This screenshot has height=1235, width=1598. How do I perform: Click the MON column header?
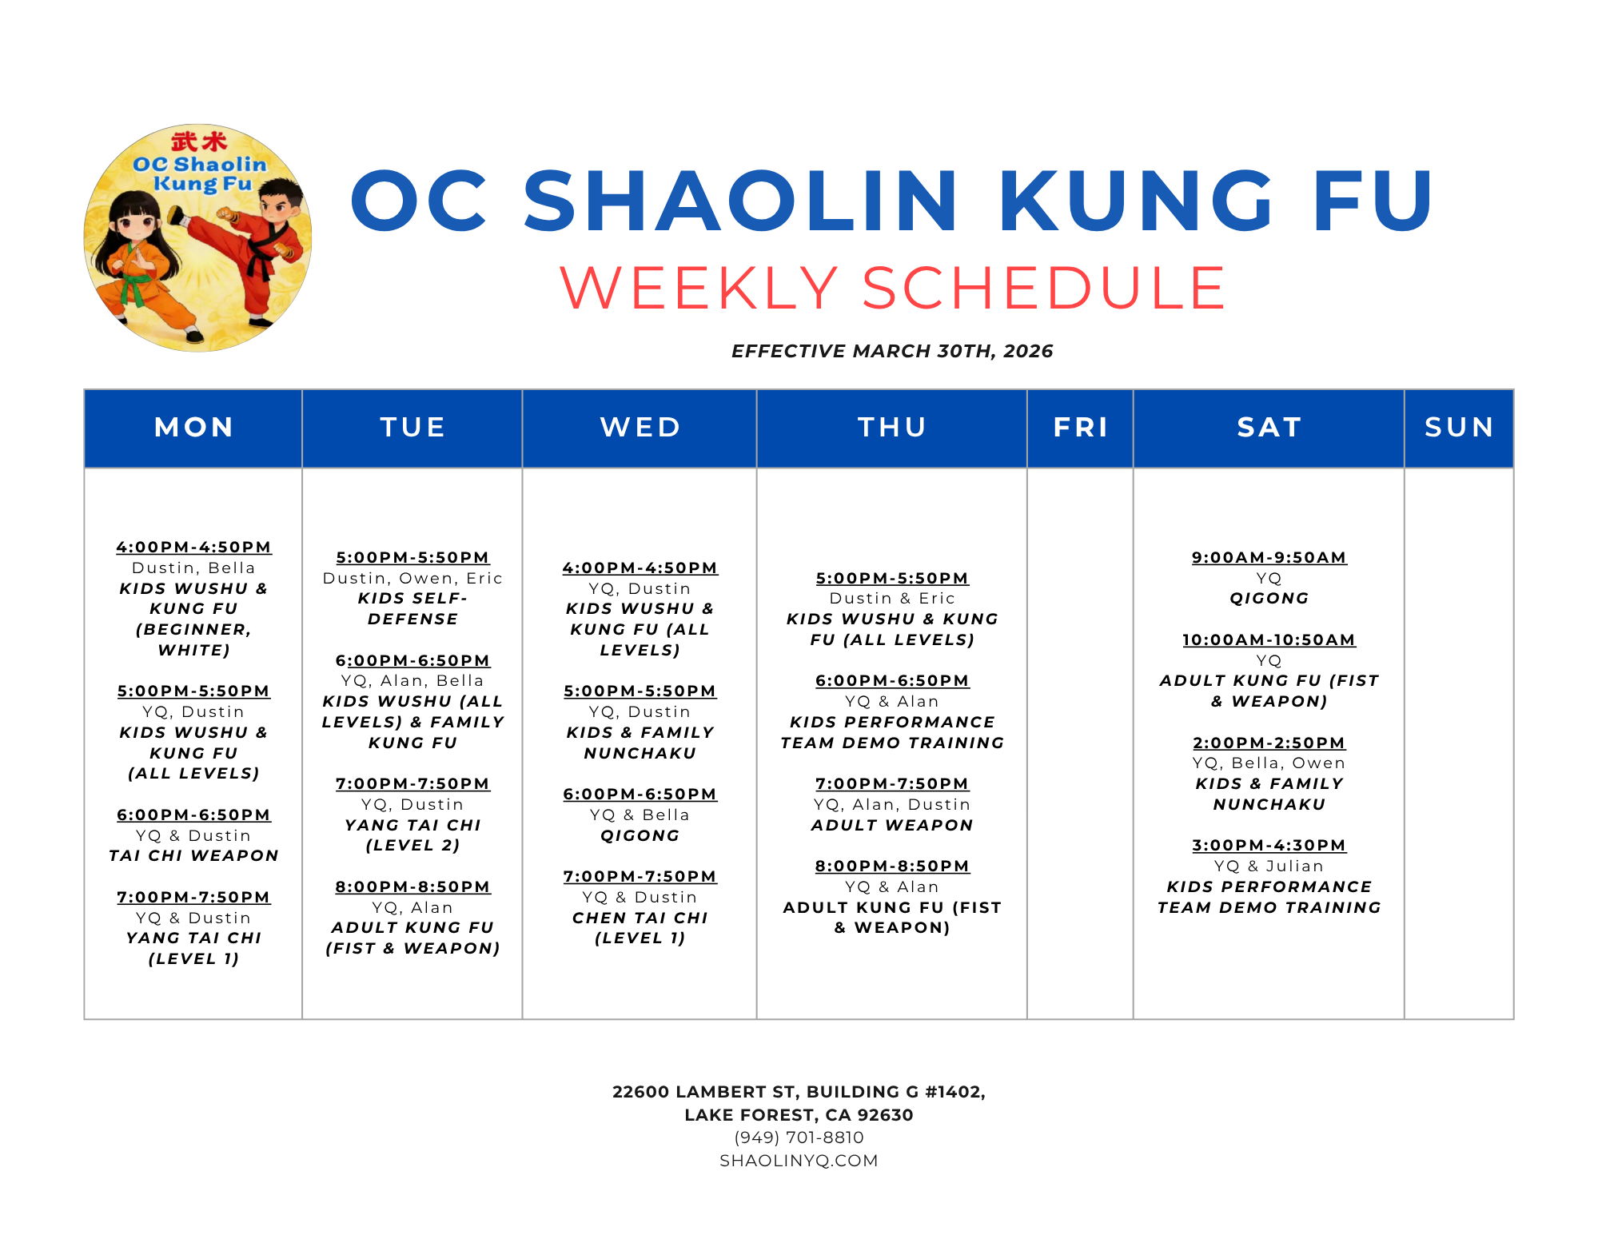pyautogui.click(x=193, y=428)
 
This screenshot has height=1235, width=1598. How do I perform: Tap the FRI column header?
pyautogui.click(x=1081, y=428)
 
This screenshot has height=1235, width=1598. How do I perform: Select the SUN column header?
pyautogui.click(x=1459, y=428)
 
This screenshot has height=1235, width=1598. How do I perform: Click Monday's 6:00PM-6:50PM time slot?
pyautogui.click(x=193, y=815)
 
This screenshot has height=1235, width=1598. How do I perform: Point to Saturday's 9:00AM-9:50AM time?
pyautogui.click(x=1269, y=557)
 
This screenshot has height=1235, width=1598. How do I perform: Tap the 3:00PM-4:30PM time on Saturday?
pyautogui.click(x=1269, y=845)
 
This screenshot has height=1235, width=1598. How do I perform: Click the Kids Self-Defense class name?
pyautogui.click(x=412, y=608)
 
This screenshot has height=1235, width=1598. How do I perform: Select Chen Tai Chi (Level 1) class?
pyautogui.click(x=640, y=927)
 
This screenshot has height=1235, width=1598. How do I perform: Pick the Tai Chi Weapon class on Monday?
pyautogui.click(x=193, y=855)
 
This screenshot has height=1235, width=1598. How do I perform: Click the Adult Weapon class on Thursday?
pyautogui.click(x=892, y=825)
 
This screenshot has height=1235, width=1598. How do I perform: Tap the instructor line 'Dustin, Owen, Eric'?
pyautogui.click(x=412, y=578)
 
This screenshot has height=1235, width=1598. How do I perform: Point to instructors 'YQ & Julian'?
pyautogui.click(x=1269, y=866)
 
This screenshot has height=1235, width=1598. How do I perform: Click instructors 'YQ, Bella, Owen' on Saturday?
pyautogui.click(x=1269, y=763)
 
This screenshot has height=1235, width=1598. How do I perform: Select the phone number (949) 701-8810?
pyautogui.click(x=799, y=1137)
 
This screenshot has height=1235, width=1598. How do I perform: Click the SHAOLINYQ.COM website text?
pyautogui.click(x=799, y=1161)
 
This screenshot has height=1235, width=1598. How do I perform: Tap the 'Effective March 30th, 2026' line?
pyautogui.click(x=892, y=351)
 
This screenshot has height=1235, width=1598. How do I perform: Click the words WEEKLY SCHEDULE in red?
pyautogui.click(x=892, y=288)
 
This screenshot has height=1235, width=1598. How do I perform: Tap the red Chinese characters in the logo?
pyautogui.click(x=199, y=141)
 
